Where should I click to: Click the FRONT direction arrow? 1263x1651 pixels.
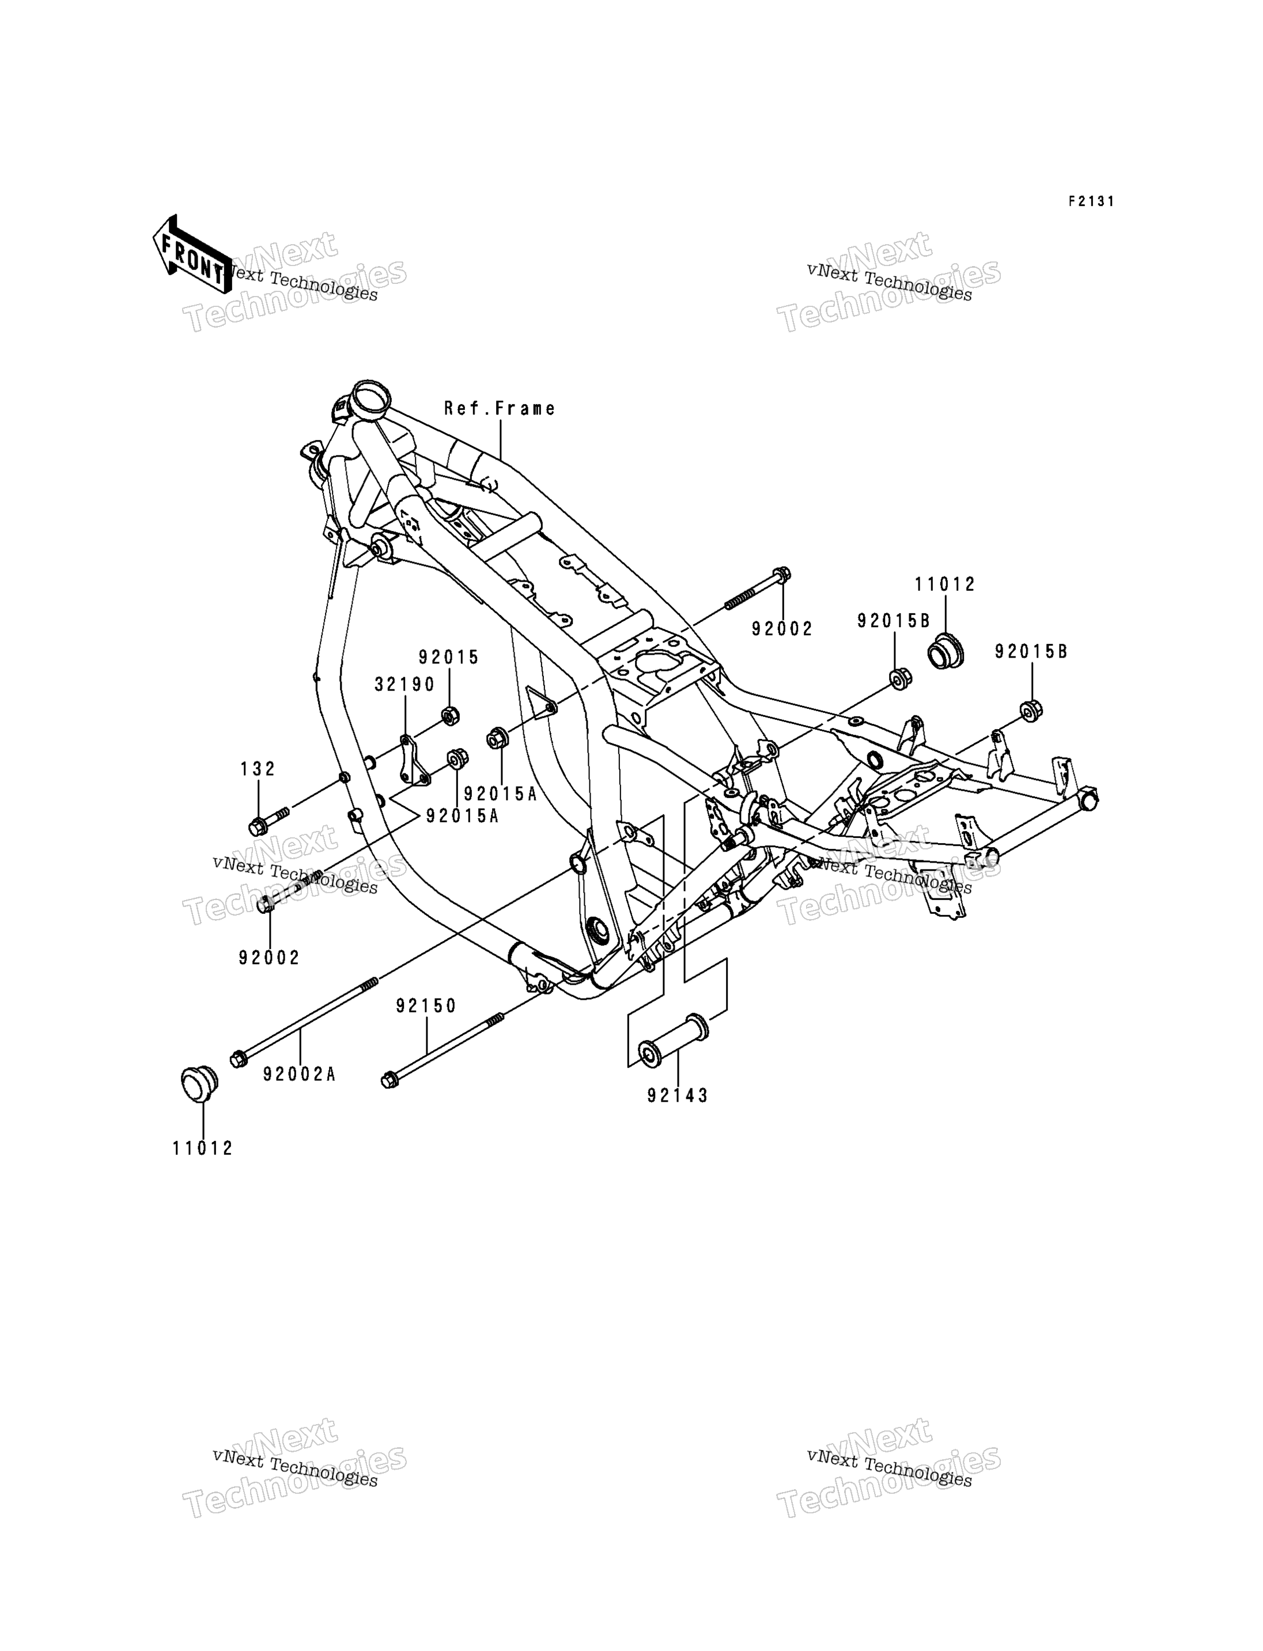point(192,254)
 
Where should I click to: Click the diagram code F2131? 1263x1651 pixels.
point(1092,202)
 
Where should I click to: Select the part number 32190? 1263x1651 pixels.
point(405,684)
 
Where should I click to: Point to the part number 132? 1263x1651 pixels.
point(258,769)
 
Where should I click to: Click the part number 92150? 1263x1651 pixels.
point(426,1005)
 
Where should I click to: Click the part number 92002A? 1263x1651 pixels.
point(299,1075)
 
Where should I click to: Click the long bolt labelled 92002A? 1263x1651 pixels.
point(304,1021)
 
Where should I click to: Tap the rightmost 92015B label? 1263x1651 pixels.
point(1031,651)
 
